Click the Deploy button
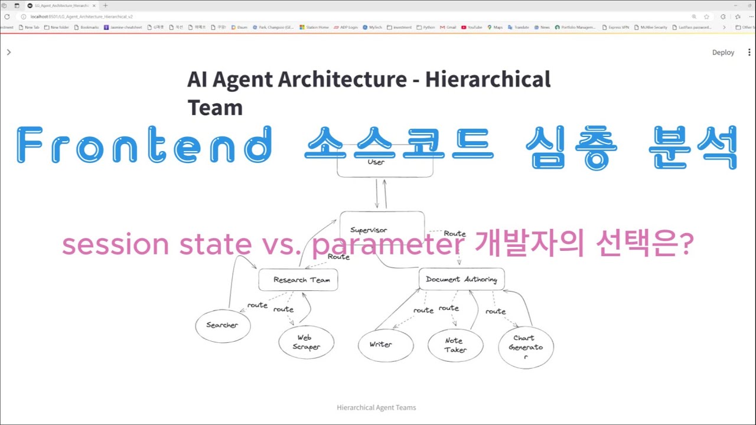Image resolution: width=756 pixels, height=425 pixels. (x=723, y=53)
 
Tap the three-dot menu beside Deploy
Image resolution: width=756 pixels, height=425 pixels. (x=750, y=53)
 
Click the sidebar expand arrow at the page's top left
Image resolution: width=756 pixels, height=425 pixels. (x=8, y=53)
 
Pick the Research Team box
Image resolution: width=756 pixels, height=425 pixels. (x=298, y=280)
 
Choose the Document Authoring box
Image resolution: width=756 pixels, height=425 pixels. (x=461, y=279)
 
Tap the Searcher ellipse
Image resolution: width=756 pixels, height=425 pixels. (x=223, y=325)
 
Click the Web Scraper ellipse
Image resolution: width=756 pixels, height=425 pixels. (x=306, y=342)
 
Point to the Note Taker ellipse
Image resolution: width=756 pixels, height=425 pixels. (x=455, y=345)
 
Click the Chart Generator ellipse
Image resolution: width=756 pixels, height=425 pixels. (x=525, y=348)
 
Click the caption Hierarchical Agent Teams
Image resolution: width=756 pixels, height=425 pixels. (x=376, y=407)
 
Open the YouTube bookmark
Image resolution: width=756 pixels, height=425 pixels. (x=472, y=27)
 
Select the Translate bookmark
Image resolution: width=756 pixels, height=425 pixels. (x=519, y=27)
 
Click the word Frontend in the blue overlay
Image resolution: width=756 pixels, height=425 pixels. (x=144, y=146)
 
